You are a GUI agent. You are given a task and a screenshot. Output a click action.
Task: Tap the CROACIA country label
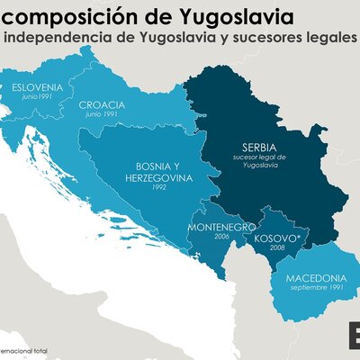(102, 104)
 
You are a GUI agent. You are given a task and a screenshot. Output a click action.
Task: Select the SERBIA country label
(258, 147)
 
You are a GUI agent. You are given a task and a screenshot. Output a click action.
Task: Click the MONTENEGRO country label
(221, 227)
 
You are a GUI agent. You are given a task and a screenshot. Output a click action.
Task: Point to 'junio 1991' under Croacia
(102, 115)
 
